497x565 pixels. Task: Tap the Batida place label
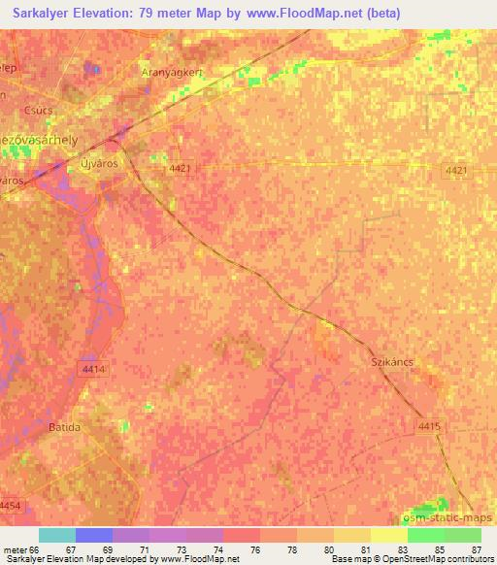65,427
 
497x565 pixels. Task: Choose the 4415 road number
429,425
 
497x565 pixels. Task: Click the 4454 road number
9,506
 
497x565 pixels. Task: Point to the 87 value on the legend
475,549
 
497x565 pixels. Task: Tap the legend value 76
255,549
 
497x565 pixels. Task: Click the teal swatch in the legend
57,535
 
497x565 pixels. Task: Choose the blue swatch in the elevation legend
94,535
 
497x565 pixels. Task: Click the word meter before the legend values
14,549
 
